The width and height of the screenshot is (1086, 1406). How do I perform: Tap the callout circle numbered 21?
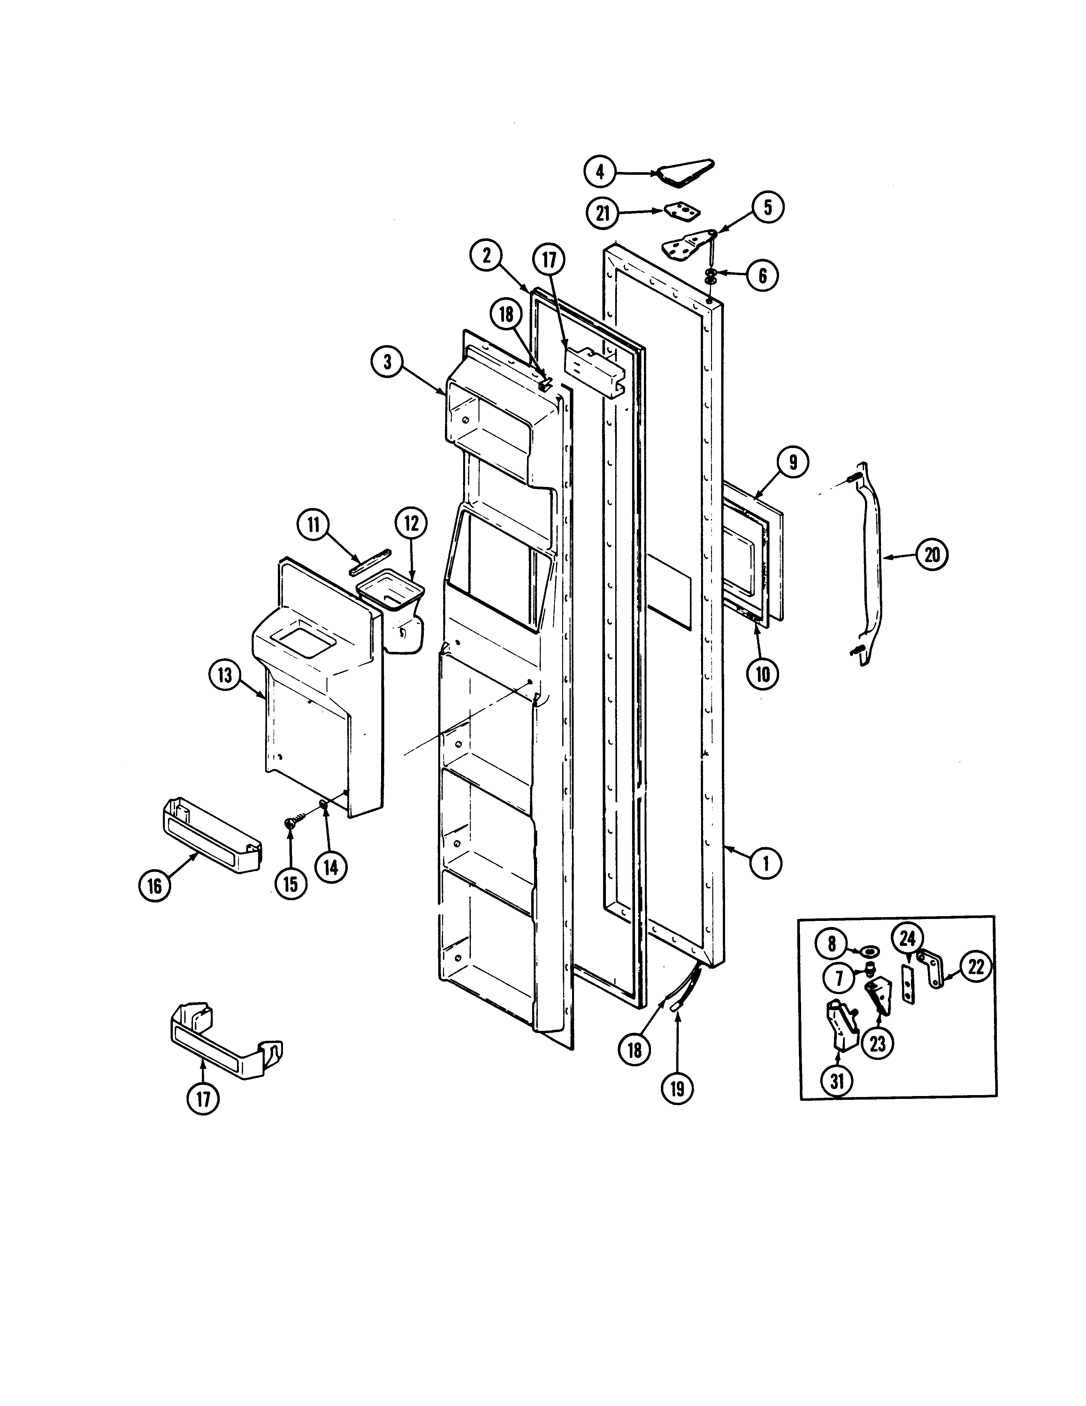pyautogui.click(x=603, y=213)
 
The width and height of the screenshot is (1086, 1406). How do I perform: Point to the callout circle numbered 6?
pyautogui.click(x=762, y=275)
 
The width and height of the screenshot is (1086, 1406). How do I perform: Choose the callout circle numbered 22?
pyautogui.click(x=977, y=985)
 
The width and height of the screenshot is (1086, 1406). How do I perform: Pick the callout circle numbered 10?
pyautogui.click(x=762, y=674)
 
